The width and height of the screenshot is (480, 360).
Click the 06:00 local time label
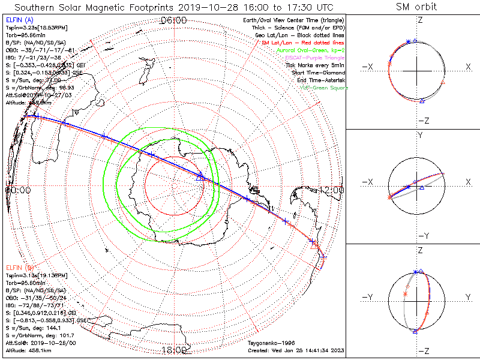pyautogui.click(x=174, y=20)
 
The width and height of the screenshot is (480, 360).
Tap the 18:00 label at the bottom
pyautogui.click(x=174, y=350)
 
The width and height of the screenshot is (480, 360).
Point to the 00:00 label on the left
pyautogui.click(x=18, y=190)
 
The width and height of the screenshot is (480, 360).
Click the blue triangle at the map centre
pyautogui.click(x=200, y=176)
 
